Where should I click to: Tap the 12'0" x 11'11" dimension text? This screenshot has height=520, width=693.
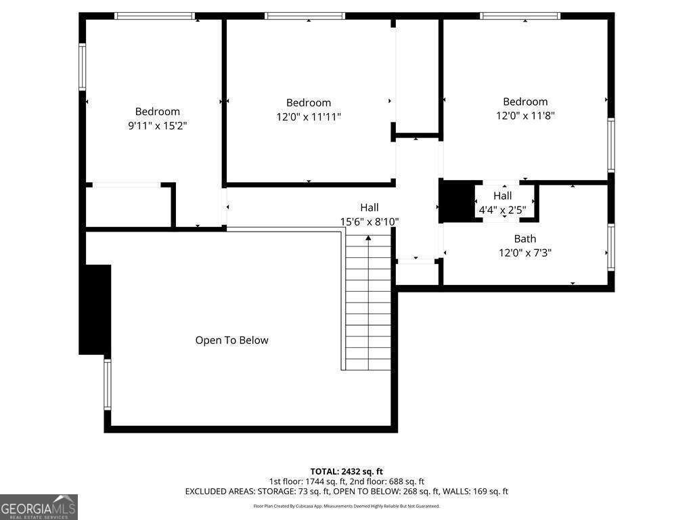pos(308,116)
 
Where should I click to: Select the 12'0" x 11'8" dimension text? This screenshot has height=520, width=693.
pos(524,116)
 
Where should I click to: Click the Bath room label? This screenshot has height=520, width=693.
pos(524,238)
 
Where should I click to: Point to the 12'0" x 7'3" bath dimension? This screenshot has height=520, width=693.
pos(524,253)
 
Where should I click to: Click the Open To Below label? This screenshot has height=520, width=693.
pos(231,340)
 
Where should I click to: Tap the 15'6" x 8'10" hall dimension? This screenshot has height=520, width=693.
pos(369,221)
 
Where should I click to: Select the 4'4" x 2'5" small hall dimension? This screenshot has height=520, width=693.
pos(502,210)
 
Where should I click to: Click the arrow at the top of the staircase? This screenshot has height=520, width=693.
pos(368,238)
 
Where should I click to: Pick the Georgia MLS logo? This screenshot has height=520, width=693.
pos(39,506)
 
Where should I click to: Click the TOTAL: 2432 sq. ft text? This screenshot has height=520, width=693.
pos(346,471)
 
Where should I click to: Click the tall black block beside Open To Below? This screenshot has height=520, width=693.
pos(95,309)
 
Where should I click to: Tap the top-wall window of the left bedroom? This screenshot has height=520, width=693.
pos(154,16)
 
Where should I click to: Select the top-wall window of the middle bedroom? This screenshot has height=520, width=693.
pos(305,16)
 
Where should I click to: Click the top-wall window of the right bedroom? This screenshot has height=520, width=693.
pos(520,16)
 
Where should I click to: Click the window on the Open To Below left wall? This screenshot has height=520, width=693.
pos(107,385)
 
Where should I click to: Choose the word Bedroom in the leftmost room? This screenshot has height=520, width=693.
pos(157,111)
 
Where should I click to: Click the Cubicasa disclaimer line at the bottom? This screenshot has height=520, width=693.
pos(346,506)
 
